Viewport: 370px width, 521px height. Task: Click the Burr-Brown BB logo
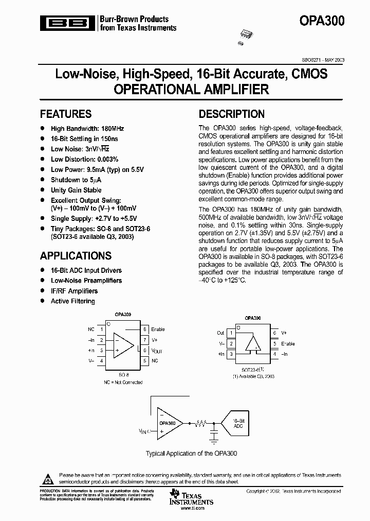pyautogui.click(x=68, y=23)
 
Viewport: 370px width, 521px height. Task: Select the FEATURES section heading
pyautogui.click(x=66, y=114)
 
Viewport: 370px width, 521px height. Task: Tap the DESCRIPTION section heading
pyautogui.click(x=232, y=114)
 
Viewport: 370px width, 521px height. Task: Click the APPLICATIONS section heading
pyautogui.click(x=76, y=256)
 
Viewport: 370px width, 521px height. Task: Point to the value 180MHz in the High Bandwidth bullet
pyautogui.click(x=112, y=129)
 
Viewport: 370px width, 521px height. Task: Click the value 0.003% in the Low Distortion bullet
pyautogui.click(x=107, y=160)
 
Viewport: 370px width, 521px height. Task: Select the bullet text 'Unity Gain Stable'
pyautogui.click(x=76, y=190)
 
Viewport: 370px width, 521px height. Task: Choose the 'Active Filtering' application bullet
pyautogui.click(x=72, y=301)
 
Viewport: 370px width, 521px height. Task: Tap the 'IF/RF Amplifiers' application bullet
pyautogui.click(x=74, y=291)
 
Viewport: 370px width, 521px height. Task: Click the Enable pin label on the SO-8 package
pyautogui.click(x=158, y=329)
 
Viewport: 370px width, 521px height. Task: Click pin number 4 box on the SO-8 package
pyautogui.click(x=102, y=361)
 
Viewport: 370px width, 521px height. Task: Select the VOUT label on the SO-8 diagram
pyautogui.click(x=157, y=351)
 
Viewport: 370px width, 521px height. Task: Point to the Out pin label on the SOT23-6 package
pyautogui.click(x=220, y=333)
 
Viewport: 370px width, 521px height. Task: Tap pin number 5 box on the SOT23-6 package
pyautogui.click(x=275, y=343)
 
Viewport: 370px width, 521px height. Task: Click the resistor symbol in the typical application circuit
pyautogui.click(x=201, y=424)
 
